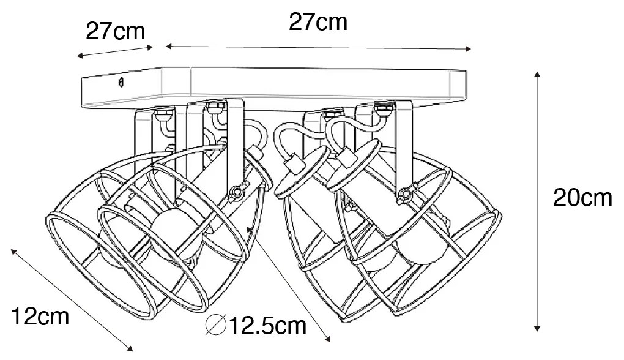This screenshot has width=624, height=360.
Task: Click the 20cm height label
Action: pyautogui.click(x=582, y=198)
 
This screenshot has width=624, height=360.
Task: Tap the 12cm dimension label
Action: pyautogui.click(x=40, y=317)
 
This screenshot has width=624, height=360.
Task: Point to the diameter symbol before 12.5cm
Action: pyautogui.click(x=216, y=325)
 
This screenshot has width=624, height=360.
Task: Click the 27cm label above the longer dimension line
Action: pyautogui.click(x=318, y=22)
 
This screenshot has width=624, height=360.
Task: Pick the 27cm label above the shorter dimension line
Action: pyautogui.click(x=116, y=31)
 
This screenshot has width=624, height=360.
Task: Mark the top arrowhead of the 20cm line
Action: pyautogui.click(x=537, y=75)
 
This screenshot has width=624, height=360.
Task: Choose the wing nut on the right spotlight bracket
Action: pyautogui.click(x=407, y=194)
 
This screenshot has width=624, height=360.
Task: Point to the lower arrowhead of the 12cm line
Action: pyautogui.click(x=129, y=348)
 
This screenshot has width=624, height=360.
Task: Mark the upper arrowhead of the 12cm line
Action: pyautogui.click(x=14, y=252)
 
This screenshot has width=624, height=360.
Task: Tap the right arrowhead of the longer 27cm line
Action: pyautogui.click(x=468, y=49)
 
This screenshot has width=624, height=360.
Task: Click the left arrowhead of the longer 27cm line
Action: pyautogui.click(x=169, y=47)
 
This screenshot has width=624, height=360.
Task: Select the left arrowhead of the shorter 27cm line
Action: pyautogui.click(x=80, y=56)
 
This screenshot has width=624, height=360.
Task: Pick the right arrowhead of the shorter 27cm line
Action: pyautogui.click(x=150, y=47)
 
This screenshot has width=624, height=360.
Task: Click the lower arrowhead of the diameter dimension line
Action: pyautogui.click(x=327, y=339)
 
